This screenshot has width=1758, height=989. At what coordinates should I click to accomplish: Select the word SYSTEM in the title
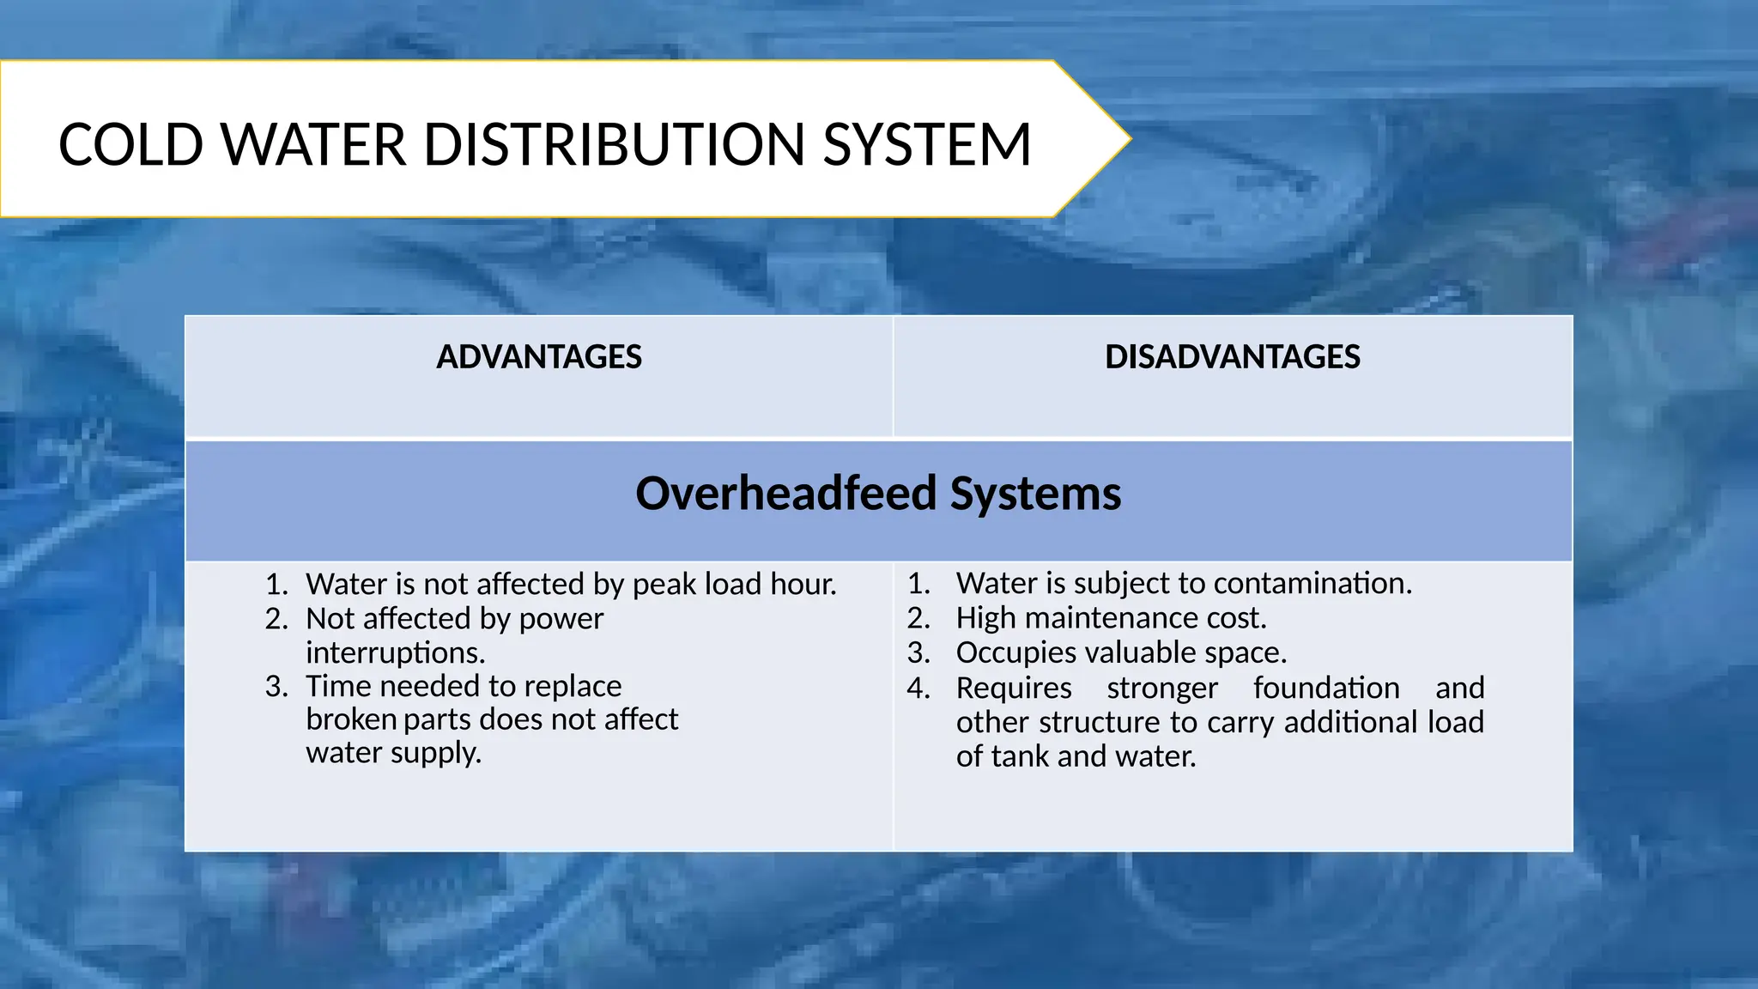click(x=927, y=144)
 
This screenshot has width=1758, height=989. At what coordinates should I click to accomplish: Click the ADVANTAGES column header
click(x=539, y=357)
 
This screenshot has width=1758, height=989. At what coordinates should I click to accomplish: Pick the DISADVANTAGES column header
click(x=1232, y=357)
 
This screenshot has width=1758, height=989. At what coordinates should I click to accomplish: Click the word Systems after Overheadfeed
click(x=1035, y=494)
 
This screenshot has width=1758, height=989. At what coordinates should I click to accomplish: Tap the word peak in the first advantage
click(x=664, y=585)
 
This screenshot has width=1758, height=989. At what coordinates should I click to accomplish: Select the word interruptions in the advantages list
click(x=395, y=653)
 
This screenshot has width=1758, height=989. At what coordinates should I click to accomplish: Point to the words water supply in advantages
click(x=393, y=753)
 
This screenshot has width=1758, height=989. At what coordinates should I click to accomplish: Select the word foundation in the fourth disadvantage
click(x=1326, y=688)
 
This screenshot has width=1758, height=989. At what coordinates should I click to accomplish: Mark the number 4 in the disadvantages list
click(x=917, y=688)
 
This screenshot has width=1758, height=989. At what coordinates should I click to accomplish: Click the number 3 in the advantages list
click(x=275, y=687)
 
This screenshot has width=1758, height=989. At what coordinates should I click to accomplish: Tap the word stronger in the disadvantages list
click(x=1161, y=688)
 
